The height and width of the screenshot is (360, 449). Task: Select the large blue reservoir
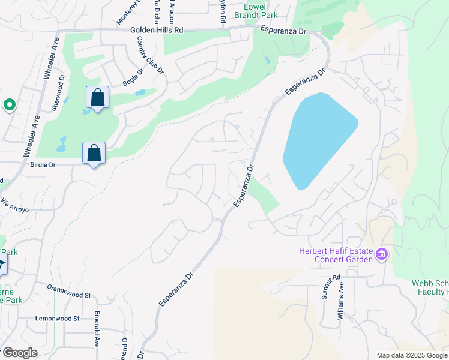(318, 139)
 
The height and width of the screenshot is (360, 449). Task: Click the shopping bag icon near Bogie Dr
(97, 97)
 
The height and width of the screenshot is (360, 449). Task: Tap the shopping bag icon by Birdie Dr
(94, 153)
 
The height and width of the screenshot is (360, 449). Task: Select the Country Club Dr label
(150, 55)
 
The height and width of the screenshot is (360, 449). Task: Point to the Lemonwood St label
(58, 319)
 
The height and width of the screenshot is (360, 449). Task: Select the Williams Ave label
(341, 301)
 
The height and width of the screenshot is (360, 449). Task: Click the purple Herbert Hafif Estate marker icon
(381, 256)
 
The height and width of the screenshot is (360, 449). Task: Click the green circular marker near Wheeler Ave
(9, 106)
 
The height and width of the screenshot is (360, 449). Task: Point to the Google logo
(19, 353)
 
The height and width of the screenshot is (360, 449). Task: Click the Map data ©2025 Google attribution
(412, 355)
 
